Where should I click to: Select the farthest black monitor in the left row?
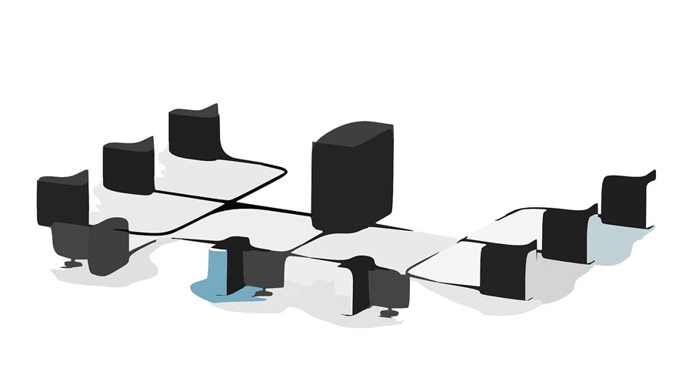tap(194, 132)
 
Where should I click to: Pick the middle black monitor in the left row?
tap(128, 166)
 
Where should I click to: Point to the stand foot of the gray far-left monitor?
tap(72, 264)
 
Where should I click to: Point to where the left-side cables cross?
tap(231, 203)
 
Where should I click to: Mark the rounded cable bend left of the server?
tap(281, 171)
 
